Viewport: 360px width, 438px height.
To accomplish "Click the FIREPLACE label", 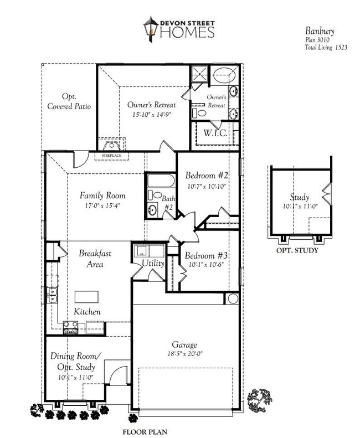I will [112, 157].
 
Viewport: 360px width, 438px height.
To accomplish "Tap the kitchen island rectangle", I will [86, 296].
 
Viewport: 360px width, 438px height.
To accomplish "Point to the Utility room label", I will [153, 264].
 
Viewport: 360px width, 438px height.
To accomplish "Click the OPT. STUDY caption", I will [297, 250].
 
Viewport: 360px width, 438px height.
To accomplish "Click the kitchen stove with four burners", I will [70, 328].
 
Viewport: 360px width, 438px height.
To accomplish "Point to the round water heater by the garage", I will [231, 298].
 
